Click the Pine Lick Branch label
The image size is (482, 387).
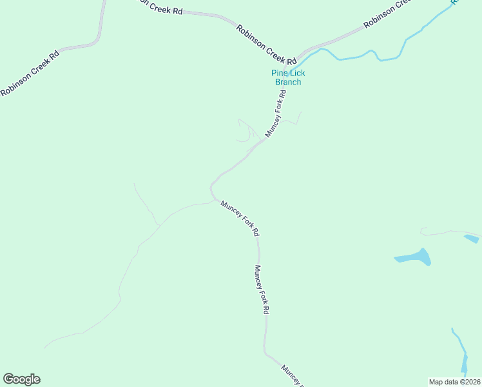pos(288,77)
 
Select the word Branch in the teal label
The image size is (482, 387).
pos(288,82)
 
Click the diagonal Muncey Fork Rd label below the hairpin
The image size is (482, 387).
pos(240,217)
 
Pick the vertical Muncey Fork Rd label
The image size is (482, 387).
pos(261,290)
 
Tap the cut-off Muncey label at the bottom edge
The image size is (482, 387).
pos(291,375)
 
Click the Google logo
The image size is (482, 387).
pos(21,379)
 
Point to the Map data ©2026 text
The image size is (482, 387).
pos(454,381)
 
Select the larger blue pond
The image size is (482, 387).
pos(414,258)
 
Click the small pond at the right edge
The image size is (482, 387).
pos(471,239)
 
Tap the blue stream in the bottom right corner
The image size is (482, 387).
pos(460,352)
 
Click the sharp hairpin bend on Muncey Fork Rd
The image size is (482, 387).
pos(211,189)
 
